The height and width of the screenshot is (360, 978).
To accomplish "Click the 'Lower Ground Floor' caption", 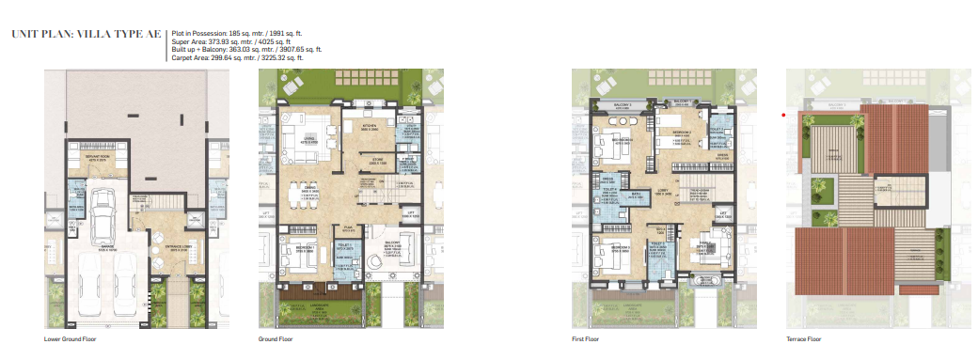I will click(70, 338).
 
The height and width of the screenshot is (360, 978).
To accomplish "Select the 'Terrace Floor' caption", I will click(803, 338).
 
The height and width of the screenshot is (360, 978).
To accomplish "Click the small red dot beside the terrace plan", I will click(782, 116).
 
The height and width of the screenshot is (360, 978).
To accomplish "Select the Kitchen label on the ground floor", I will click(371, 127).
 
